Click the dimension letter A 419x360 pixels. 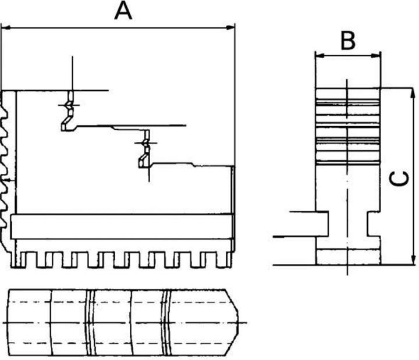(123, 10)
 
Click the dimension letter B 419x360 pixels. (347, 41)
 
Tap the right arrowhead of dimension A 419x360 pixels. (231, 27)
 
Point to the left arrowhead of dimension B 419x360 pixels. (318, 56)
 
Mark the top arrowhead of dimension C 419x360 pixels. (413, 92)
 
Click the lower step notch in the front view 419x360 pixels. (143, 152)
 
